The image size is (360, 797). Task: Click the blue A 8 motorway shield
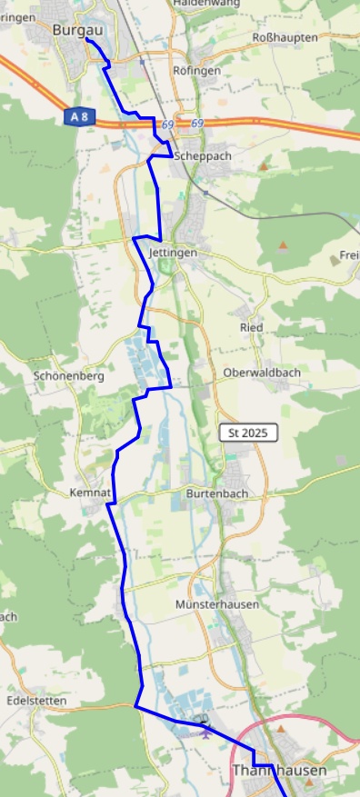pos(78,117)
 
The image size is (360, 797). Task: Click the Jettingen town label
pos(172,253)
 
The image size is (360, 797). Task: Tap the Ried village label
pos(251,326)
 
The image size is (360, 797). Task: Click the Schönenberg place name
pos(69,375)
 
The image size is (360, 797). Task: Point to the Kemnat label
pos(89,493)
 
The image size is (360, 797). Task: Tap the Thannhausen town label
pos(279,770)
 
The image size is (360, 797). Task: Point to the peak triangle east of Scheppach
pos(264,166)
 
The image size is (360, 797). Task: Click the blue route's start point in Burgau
pos(87,39)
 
